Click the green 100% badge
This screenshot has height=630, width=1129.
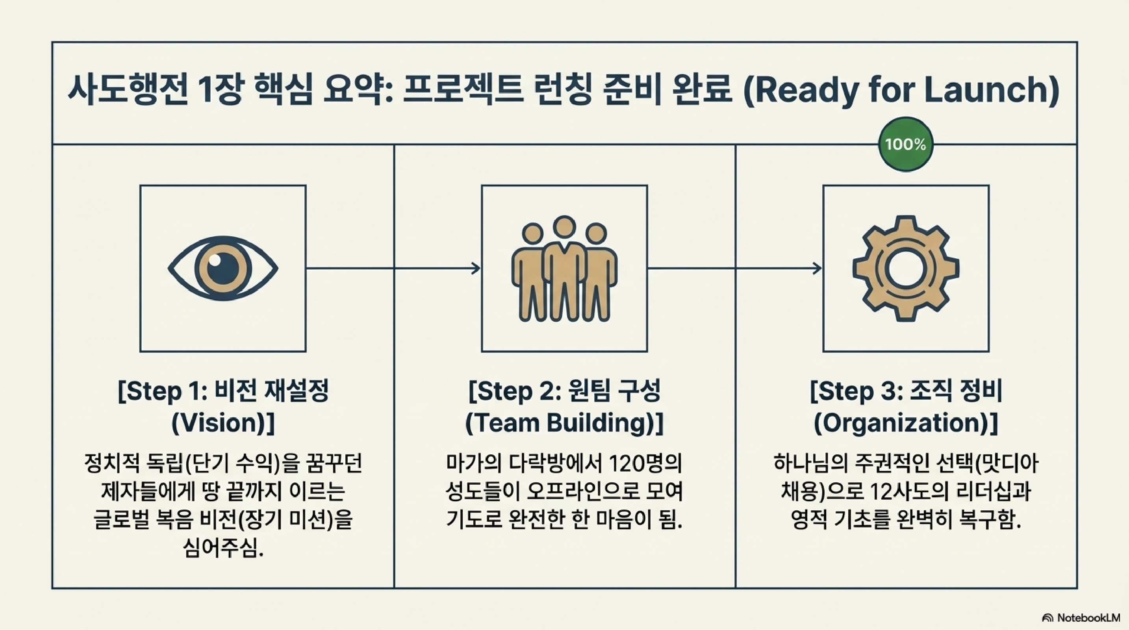pyautogui.click(x=905, y=144)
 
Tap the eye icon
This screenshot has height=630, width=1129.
pyautogui.click(x=222, y=268)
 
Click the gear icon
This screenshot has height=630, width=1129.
pyautogui.click(x=905, y=268)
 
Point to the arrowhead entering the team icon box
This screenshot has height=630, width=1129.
pyautogui.click(x=476, y=268)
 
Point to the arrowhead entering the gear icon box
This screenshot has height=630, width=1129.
pyautogui.click(x=818, y=268)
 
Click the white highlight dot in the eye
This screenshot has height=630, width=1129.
pyautogui.click(x=214, y=260)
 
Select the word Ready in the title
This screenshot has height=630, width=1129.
pyautogui.click(x=802, y=91)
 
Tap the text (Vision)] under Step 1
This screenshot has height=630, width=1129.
pyautogui.click(x=222, y=423)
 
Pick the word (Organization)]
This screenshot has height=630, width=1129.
pyautogui.click(x=905, y=423)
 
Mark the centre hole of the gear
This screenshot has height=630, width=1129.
pyautogui.click(x=905, y=268)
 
